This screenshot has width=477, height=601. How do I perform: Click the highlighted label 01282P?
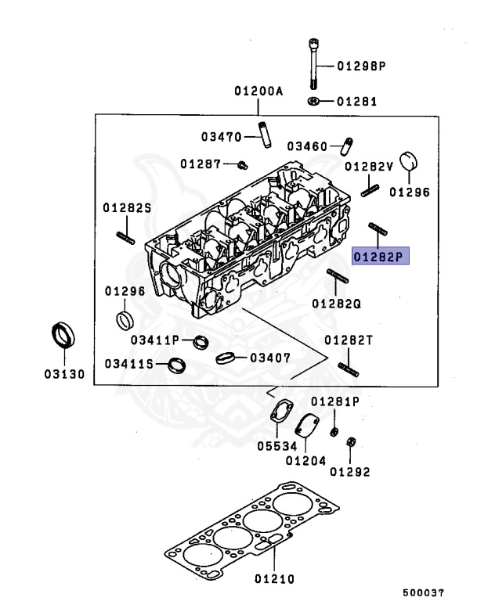[x=381, y=256]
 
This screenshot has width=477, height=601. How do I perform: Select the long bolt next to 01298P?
[x=314, y=64]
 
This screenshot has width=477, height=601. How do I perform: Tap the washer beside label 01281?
[x=313, y=101]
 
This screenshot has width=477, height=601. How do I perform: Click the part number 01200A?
[x=258, y=91]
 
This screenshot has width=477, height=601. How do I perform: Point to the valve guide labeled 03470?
[x=265, y=135]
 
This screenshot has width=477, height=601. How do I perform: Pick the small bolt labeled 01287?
[x=243, y=165]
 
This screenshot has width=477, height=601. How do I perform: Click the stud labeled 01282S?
[x=125, y=238]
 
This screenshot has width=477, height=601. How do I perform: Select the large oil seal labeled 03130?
[x=63, y=335]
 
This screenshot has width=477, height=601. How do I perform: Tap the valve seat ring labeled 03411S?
[x=177, y=365]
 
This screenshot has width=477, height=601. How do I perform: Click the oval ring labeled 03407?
[x=225, y=358]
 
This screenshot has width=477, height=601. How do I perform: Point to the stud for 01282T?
[x=349, y=370]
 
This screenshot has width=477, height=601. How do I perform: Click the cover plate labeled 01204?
[x=307, y=426]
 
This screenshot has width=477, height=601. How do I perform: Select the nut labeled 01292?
[x=350, y=441]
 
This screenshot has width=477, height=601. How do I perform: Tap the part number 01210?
[x=274, y=578]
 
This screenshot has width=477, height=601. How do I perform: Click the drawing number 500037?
[x=423, y=592]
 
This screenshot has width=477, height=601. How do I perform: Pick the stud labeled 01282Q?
[x=338, y=276]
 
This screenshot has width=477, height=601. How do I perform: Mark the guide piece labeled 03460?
[x=347, y=146]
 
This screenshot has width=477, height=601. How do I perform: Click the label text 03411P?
[x=155, y=340]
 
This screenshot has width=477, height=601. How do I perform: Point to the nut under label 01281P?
[x=334, y=432]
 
